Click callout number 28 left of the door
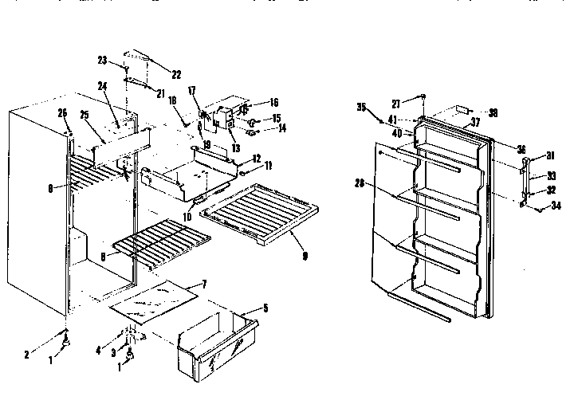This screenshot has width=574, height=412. coord(360,183)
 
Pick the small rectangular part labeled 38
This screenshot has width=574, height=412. coord(462,112)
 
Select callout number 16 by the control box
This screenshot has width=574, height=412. coord(273,103)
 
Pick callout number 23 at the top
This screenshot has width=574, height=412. coord(102,60)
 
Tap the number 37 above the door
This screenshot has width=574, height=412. coord(475,122)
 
